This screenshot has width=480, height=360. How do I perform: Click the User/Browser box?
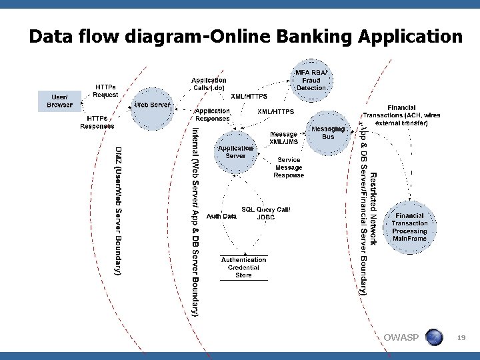(59, 101)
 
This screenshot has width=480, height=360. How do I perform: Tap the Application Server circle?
(235, 151)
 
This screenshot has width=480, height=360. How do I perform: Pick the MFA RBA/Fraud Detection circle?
(311, 80)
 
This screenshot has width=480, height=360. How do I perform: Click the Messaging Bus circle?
(328, 132)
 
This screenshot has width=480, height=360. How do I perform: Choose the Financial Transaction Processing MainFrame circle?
(409, 227)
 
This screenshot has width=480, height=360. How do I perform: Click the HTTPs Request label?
(105, 91)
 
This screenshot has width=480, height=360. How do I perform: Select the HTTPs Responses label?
(97, 122)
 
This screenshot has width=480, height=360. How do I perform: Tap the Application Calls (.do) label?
(209, 84)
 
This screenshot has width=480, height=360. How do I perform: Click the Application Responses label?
(212, 115)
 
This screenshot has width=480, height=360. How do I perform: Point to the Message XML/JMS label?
(283, 138)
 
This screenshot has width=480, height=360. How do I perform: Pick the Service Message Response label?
(289, 167)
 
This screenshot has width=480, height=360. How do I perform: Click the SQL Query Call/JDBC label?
(265, 213)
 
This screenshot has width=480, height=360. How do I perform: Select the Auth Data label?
(221, 216)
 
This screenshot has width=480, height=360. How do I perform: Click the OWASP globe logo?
(434, 337)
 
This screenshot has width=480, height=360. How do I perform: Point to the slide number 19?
(461, 339)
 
